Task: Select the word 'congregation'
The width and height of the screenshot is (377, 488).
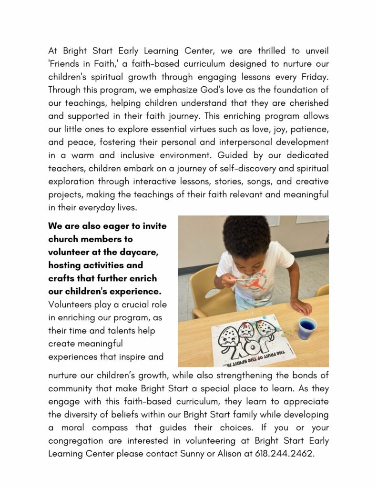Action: point(76,441)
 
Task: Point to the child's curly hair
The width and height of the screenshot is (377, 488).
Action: point(246,236)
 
